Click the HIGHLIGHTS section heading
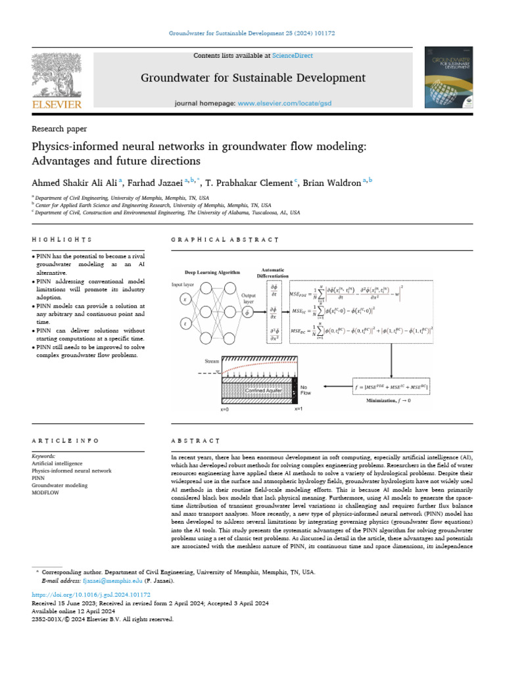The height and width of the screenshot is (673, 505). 62,240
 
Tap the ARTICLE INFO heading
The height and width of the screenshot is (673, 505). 66,440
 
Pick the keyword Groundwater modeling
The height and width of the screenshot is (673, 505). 59,485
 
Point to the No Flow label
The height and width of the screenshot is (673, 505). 306,390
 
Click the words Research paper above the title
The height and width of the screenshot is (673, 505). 59,129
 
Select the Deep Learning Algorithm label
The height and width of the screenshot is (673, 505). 212,271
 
